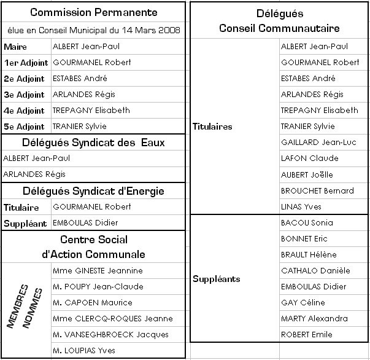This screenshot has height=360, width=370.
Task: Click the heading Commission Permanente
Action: [x=93, y=12]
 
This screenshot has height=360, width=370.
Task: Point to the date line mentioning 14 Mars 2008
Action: [x=93, y=30]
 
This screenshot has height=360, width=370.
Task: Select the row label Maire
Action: [x=15, y=47]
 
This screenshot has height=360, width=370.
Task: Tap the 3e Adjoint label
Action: [x=24, y=95]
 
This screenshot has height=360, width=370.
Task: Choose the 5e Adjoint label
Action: [x=24, y=127]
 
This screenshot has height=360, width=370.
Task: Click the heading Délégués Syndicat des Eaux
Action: [x=93, y=143]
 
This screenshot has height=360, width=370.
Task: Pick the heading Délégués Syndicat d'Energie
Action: [x=93, y=191]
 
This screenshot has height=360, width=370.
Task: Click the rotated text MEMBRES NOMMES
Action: [x=25, y=307]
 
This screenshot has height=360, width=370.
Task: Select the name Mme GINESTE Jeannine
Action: [x=98, y=271]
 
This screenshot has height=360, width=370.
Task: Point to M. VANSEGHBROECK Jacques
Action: [x=110, y=335]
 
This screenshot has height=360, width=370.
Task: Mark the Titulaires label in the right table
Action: [x=212, y=127]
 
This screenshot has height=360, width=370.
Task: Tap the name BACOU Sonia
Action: [x=307, y=222]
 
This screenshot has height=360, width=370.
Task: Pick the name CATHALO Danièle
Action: [x=315, y=270]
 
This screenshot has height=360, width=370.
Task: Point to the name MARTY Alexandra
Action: [x=314, y=318]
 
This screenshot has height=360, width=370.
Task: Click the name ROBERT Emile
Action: [x=307, y=334]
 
